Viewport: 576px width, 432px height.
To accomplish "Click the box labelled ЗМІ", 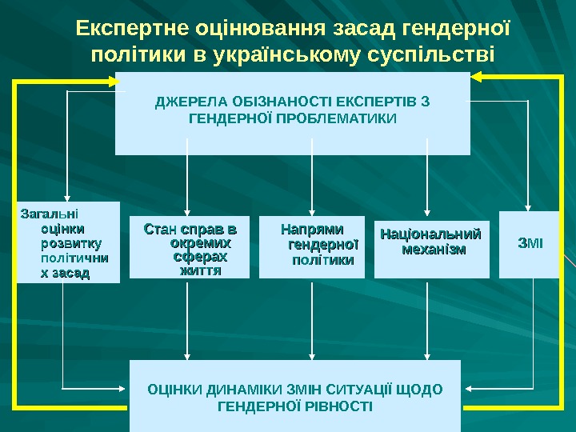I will click(x=530, y=244).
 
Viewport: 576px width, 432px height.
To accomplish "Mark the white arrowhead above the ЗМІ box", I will click(x=529, y=206).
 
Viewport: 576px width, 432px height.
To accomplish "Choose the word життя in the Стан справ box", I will click(x=199, y=270).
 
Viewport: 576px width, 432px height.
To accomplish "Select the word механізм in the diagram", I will click(x=433, y=250).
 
